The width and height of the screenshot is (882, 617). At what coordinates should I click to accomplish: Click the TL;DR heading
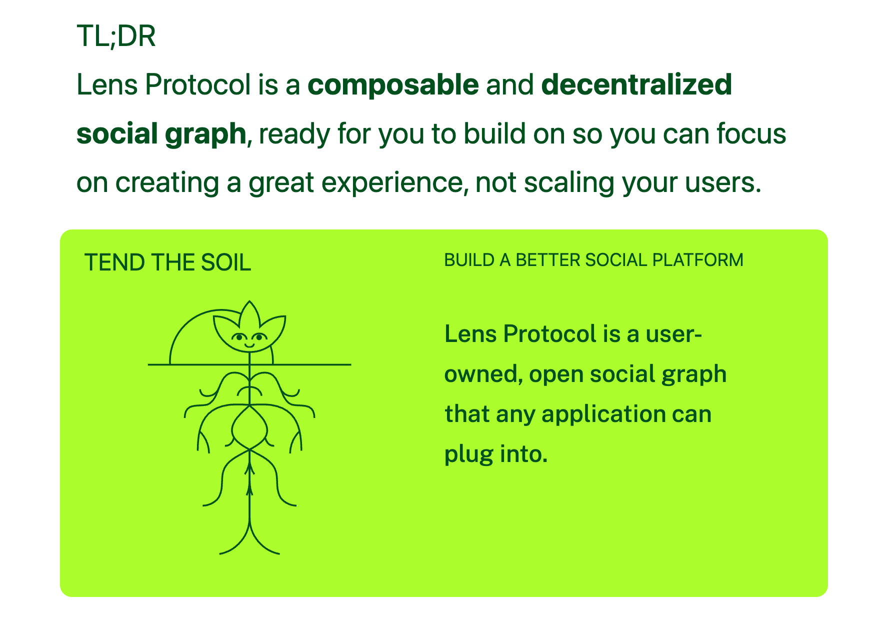[x=116, y=36]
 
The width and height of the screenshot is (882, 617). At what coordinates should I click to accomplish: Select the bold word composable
[x=393, y=84]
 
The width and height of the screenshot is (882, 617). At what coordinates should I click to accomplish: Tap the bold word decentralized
[x=636, y=84]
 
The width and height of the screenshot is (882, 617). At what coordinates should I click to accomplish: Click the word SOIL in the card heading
[x=225, y=262]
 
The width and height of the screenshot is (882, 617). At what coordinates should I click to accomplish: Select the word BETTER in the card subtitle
[x=547, y=260]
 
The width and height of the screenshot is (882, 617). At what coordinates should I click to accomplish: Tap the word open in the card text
[x=556, y=374]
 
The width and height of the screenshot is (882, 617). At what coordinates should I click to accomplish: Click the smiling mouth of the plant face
[x=250, y=344]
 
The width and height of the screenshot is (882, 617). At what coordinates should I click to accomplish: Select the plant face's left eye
[x=239, y=336]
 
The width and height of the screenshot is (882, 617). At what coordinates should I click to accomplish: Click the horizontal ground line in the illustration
[x=310, y=364]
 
